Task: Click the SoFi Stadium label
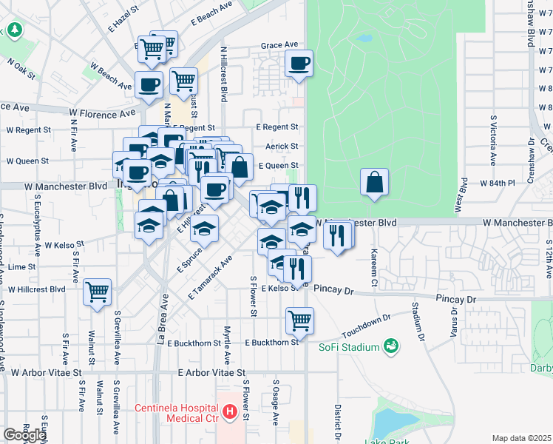click(349, 347)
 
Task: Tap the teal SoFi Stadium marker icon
click(390, 346)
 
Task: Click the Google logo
click(24, 435)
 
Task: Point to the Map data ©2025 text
click(521, 438)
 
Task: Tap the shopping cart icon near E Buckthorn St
click(300, 320)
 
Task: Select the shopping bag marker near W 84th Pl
click(375, 181)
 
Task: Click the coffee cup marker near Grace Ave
click(299, 63)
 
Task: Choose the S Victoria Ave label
click(493, 139)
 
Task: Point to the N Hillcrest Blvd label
click(223, 74)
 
